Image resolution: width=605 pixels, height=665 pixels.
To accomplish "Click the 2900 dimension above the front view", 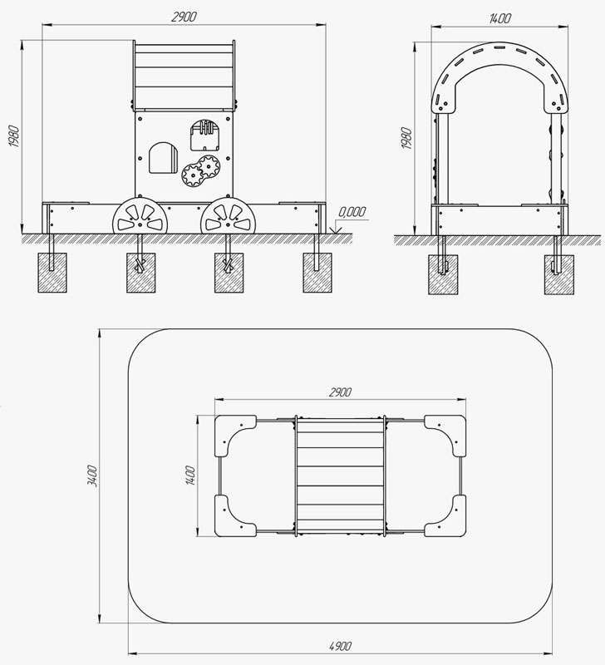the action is click(184, 17).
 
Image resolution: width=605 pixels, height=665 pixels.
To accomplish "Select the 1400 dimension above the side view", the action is click(499, 18).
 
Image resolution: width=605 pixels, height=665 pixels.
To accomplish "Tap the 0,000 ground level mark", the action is click(352, 212).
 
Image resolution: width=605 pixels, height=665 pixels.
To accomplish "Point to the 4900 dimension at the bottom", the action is click(340, 647).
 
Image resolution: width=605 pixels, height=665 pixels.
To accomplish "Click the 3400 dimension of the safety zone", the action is click(92, 475).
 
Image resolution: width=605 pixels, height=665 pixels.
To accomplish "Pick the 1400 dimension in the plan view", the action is click(190, 475).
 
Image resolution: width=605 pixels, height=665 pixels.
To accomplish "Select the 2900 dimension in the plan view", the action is click(340, 392).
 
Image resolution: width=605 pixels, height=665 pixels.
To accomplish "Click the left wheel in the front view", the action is click(140, 215).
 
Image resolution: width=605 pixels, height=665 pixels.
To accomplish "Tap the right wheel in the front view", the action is click(228, 215).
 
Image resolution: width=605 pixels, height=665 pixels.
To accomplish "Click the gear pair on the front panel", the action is click(200, 170).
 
